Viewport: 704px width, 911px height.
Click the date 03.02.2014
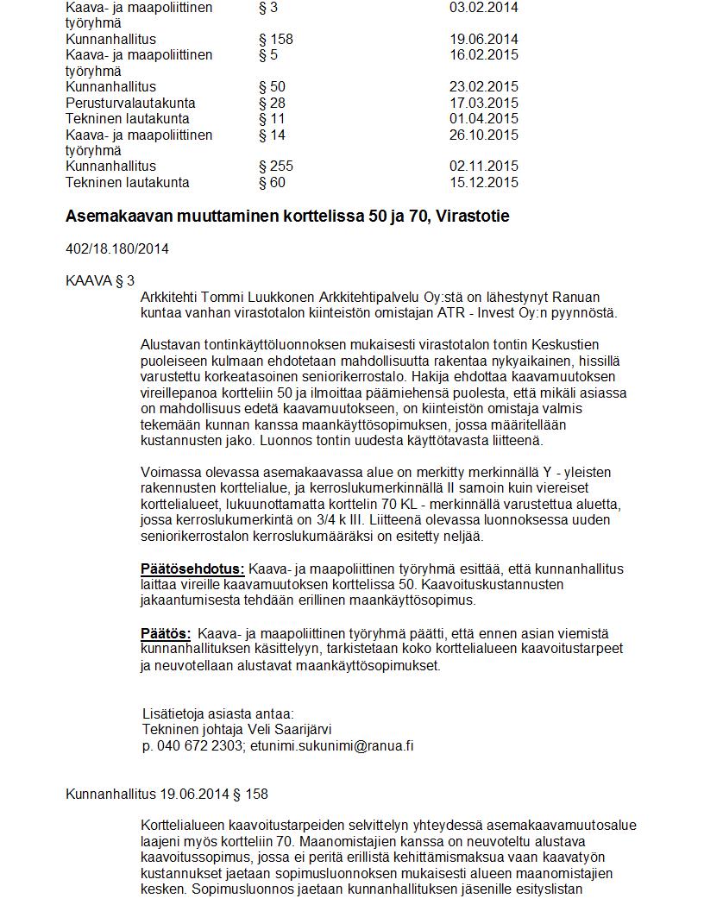coord(484,8)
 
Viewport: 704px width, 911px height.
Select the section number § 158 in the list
coord(276,39)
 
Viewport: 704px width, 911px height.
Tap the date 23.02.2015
coord(484,87)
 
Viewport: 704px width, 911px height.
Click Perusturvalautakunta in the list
coord(130,103)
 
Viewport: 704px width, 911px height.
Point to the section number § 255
coord(276,166)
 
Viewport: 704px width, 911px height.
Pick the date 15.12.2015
coord(484,182)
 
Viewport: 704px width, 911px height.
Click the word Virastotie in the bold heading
coord(473,217)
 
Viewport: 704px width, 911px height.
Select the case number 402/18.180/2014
coord(117,249)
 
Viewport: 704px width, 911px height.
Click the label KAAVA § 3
coord(100,281)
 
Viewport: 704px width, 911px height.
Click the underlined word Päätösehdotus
coord(192,569)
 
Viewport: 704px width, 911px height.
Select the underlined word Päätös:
coord(166,634)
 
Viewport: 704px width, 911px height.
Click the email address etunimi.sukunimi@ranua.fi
coord(331,746)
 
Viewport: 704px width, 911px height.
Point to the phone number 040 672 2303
coord(201,746)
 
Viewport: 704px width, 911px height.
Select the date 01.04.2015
coord(484,119)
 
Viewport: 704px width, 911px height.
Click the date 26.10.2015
coord(484,135)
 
